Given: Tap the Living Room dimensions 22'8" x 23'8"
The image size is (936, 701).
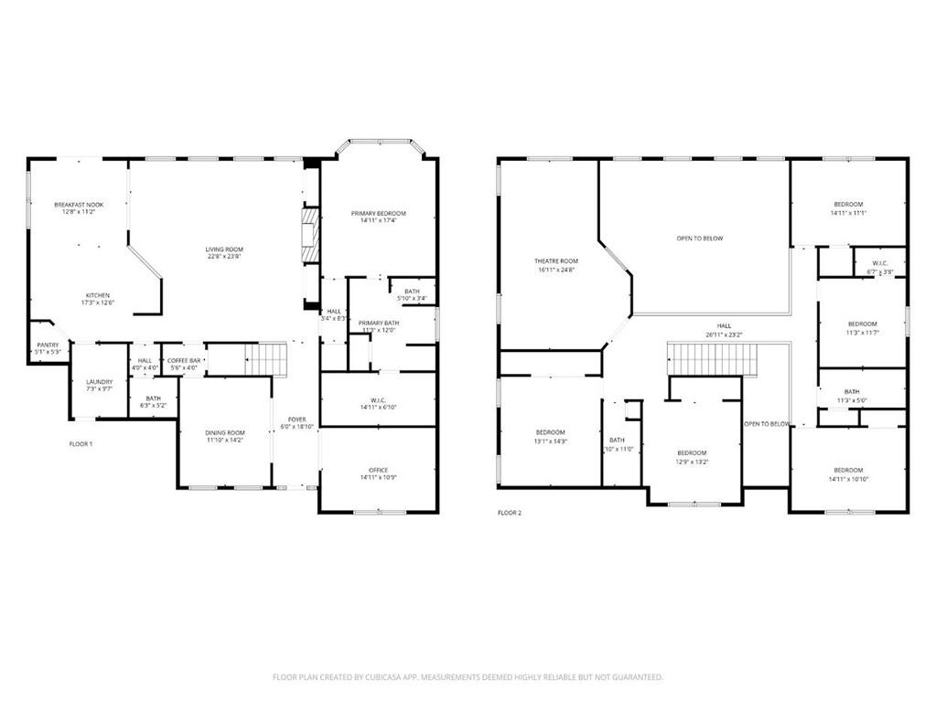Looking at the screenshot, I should [223, 257].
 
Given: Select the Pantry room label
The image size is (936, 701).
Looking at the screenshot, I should [48, 345].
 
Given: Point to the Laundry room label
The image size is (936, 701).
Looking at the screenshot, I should [99, 381].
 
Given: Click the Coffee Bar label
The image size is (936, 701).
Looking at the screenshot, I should [184, 361].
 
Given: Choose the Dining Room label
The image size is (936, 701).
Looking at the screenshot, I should [224, 432].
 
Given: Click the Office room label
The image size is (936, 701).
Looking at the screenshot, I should [378, 470].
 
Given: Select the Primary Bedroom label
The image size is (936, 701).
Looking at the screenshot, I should [378, 213].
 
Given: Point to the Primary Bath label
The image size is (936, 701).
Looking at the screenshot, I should [378, 323].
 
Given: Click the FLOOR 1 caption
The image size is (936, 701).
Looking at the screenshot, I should [81, 443].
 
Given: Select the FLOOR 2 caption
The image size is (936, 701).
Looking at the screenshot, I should [509, 513].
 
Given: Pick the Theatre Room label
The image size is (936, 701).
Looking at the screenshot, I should [556, 261].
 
